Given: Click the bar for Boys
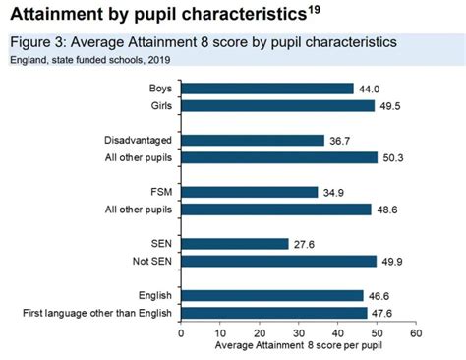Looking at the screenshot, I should coord(266,89).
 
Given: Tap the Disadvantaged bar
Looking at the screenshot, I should coord(252,140).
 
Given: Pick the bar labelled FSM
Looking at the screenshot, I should coord(249,191).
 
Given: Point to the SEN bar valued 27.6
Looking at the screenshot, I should coord(234,243).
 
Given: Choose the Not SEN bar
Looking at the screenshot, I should coord(278,261).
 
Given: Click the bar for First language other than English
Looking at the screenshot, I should coord(273,312).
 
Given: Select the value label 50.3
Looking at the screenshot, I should coord(394,157).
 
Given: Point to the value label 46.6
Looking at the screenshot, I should coord(379,295).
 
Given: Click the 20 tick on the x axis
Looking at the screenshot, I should coord(259,332).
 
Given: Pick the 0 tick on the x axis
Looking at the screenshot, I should coord(181,332).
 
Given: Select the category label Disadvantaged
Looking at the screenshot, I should coord(137,140).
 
